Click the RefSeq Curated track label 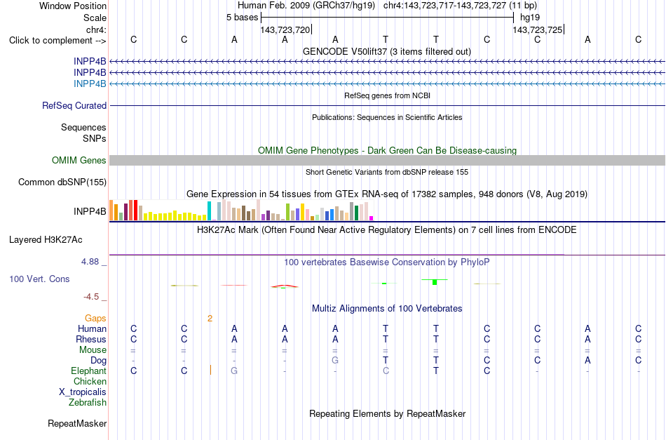(x=74, y=105)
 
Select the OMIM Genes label (x=79, y=160)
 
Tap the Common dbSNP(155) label (x=62, y=182)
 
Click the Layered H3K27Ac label (x=46, y=240)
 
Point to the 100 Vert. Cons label (x=39, y=279)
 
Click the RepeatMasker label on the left (x=77, y=423)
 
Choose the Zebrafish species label (x=88, y=402)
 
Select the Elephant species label (x=88, y=371)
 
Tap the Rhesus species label (x=91, y=339)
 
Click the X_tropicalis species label (x=83, y=392)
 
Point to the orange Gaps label (x=95, y=318)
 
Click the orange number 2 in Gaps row (x=210, y=319)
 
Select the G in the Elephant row (x=234, y=371)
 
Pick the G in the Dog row (x=335, y=360)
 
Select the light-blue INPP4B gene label (x=90, y=84)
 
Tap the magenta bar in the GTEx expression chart (x=372, y=218)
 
